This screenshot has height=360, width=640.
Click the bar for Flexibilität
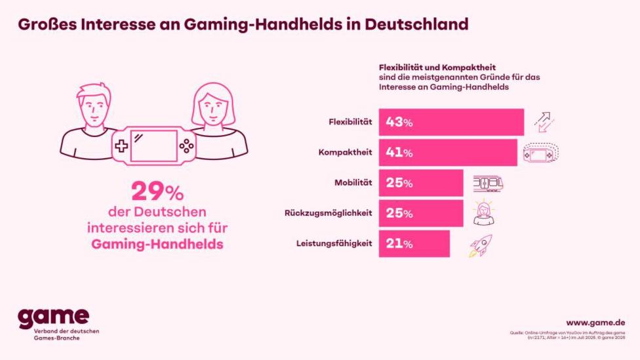tap(451, 122)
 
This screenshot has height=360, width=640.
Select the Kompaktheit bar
tap(448, 153)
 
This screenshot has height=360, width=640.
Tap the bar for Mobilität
tap(421, 183)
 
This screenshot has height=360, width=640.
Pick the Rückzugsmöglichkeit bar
tap(421, 213)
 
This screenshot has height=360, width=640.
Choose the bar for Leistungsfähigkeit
tap(414, 243)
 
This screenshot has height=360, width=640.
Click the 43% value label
tap(399, 122)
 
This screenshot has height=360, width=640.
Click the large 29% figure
tap(157, 191)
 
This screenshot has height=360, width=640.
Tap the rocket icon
tap(480, 245)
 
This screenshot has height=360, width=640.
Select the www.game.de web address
tap(595, 322)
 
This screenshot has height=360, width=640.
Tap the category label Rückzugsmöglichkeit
tap(329, 213)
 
